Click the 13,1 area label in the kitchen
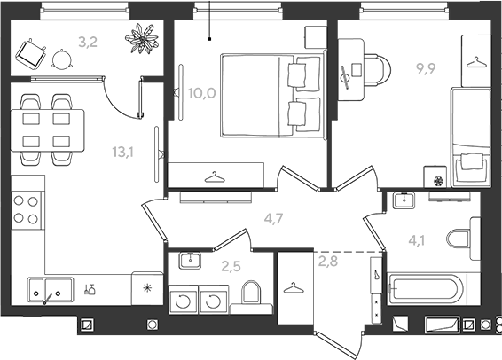point(123,152)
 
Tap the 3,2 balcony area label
point(88,42)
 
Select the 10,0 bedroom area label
point(201,93)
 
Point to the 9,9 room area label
point(426,68)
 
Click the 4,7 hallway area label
point(274,219)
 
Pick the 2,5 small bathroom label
point(231,266)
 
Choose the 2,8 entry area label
point(328,261)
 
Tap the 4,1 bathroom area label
point(417,240)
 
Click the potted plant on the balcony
point(142,38)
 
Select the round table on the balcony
point(62,59)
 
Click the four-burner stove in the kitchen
point(27,210)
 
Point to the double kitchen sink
point(51,290)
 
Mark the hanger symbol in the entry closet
point(294,289)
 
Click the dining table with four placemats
point(47,130)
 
